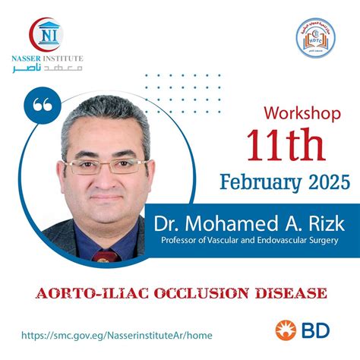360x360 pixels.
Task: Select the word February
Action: (x=255, y=182)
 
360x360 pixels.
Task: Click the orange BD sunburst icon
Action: (x=285, y=330)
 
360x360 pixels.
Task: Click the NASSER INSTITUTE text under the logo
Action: (x=46, y=58)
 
